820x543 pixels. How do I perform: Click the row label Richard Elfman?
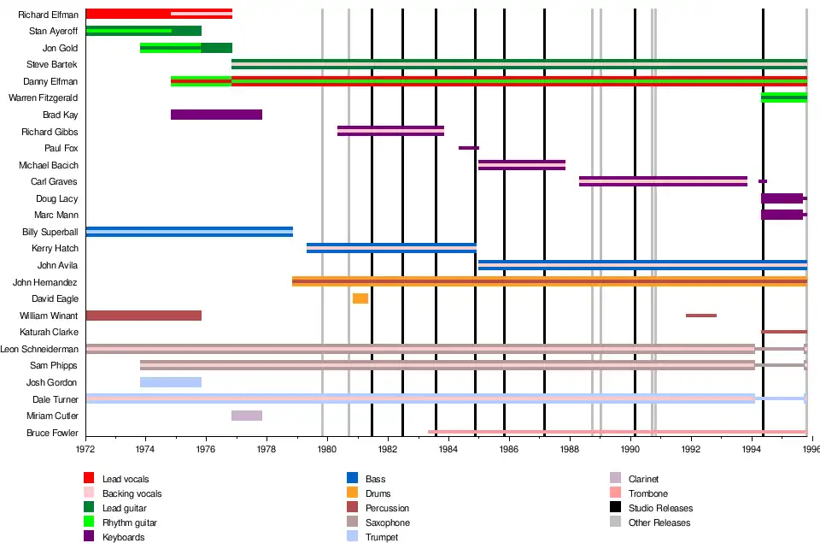pos(48,15)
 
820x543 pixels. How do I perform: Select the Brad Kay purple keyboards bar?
pos(216,115)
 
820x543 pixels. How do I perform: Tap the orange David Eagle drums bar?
pos(360,298)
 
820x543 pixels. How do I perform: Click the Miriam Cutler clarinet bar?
pos(247,416)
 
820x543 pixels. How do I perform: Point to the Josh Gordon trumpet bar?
pos(171,382)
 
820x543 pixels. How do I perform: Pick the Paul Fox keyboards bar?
pos(469,148)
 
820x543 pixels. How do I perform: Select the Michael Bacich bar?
pos(522,165)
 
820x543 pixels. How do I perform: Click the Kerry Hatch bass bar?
pos(391,248)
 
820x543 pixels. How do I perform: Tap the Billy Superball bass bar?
pos(190,232)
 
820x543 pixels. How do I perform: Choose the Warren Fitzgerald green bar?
pos(784,97)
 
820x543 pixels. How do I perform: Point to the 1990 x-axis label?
pos(630,448)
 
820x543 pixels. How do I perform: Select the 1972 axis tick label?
pos(85,448)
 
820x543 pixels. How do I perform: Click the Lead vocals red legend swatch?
pos(89,479)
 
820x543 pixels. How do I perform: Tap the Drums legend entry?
pos(375,493)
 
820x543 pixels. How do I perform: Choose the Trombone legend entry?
pos(647,493)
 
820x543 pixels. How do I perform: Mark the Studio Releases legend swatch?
pos(615,508)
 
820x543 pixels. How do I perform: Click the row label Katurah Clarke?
pos(49,332)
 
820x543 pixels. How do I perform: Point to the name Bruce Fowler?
pos(52,434)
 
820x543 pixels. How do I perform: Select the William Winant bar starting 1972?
pos(143,316)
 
